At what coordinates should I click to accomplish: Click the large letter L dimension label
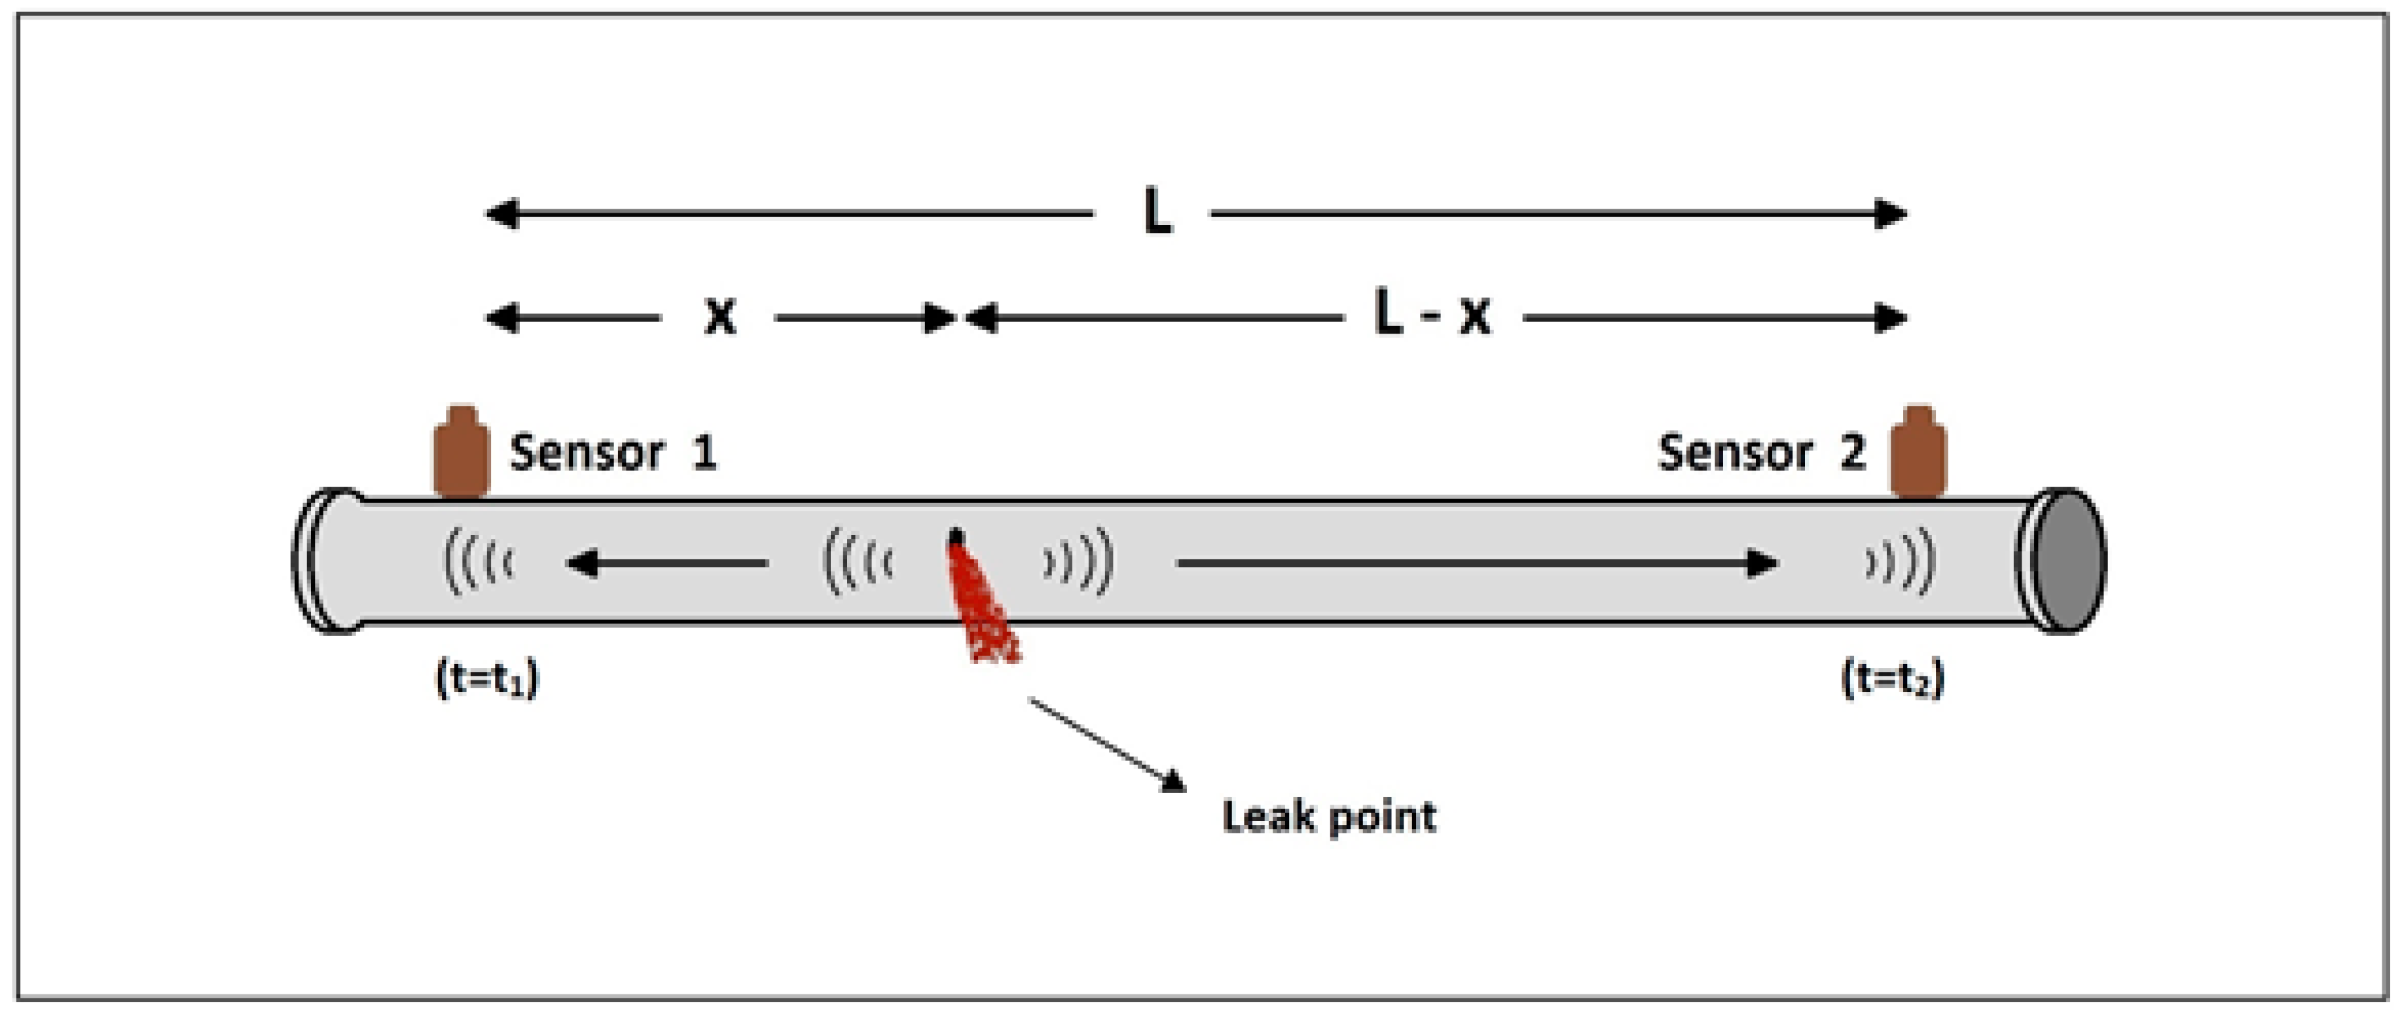1156,213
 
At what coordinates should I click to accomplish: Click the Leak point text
1329,816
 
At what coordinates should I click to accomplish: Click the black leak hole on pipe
956,538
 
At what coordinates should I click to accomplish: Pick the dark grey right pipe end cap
2068,561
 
